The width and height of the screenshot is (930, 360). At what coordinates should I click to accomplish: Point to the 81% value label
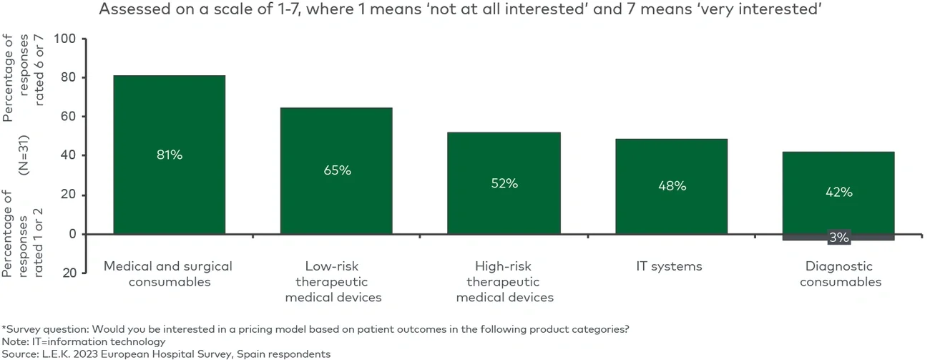(x=170, y=155)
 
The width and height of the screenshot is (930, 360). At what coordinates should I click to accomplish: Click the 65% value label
(x=336, y=170)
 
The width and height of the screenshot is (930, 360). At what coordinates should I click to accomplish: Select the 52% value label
(x=504, y=183)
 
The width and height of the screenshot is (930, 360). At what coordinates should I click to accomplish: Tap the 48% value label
(x=672, y=186)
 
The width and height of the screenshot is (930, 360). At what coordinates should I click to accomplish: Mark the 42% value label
(x=838, y=192)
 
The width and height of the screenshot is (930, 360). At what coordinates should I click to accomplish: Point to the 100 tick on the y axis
(x=64, y=39)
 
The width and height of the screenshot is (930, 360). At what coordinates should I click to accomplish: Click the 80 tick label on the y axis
(x=68, y=77)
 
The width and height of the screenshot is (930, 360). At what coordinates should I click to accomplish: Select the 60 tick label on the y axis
(x=68, y=117)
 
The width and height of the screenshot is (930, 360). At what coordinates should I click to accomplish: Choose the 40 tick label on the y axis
(x=68, y=155)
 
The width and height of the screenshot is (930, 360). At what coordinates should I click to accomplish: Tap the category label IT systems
(x=669, y=266)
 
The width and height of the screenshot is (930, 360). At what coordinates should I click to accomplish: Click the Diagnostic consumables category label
(x=840, y=274)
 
